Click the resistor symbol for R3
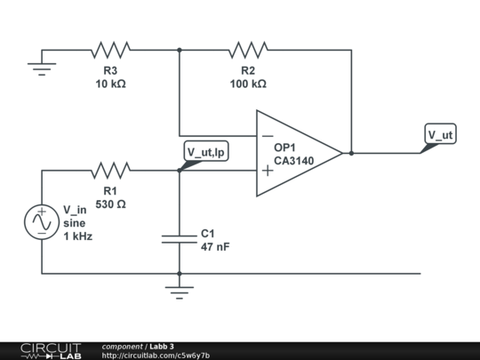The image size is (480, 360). point(110,50)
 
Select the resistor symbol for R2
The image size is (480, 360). point(248,50)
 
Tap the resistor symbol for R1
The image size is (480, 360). point(110,169)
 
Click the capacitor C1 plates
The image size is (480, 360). point(180,238)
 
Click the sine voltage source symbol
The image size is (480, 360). point(42,222)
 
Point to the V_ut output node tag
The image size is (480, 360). point(439,136)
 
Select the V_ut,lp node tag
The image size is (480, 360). point(206,153)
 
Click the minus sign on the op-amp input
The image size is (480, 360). point(268,136)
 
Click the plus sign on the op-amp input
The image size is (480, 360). point(268,170)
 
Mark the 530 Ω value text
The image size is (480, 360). point(110,204)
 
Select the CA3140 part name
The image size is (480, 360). point(294,161)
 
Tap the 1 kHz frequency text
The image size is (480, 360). point(78,237)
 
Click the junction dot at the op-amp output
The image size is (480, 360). point(352,153)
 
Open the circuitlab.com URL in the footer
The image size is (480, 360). point(156,355)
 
